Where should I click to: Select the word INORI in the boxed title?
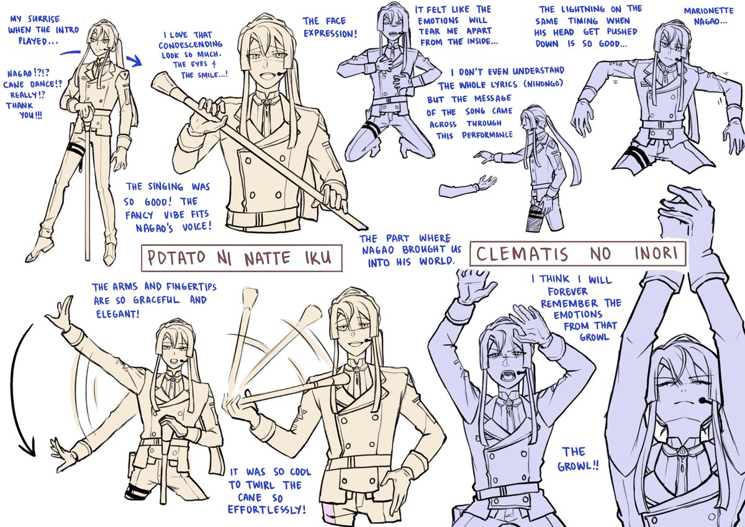(x=656, y=254)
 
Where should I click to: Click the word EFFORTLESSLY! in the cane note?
(x=266, y=510)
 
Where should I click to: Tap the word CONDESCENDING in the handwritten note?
(x=190, y=45)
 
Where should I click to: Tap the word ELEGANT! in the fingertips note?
(x=118, y=314)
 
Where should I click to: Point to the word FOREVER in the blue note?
(x=567, y=292)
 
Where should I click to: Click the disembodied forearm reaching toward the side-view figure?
(x=467, y=186)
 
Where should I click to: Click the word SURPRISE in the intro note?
(x=44, y=19)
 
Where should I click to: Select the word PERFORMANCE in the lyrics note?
(x=487, y=135)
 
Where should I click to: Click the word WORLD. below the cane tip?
(x=436, y=262)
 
